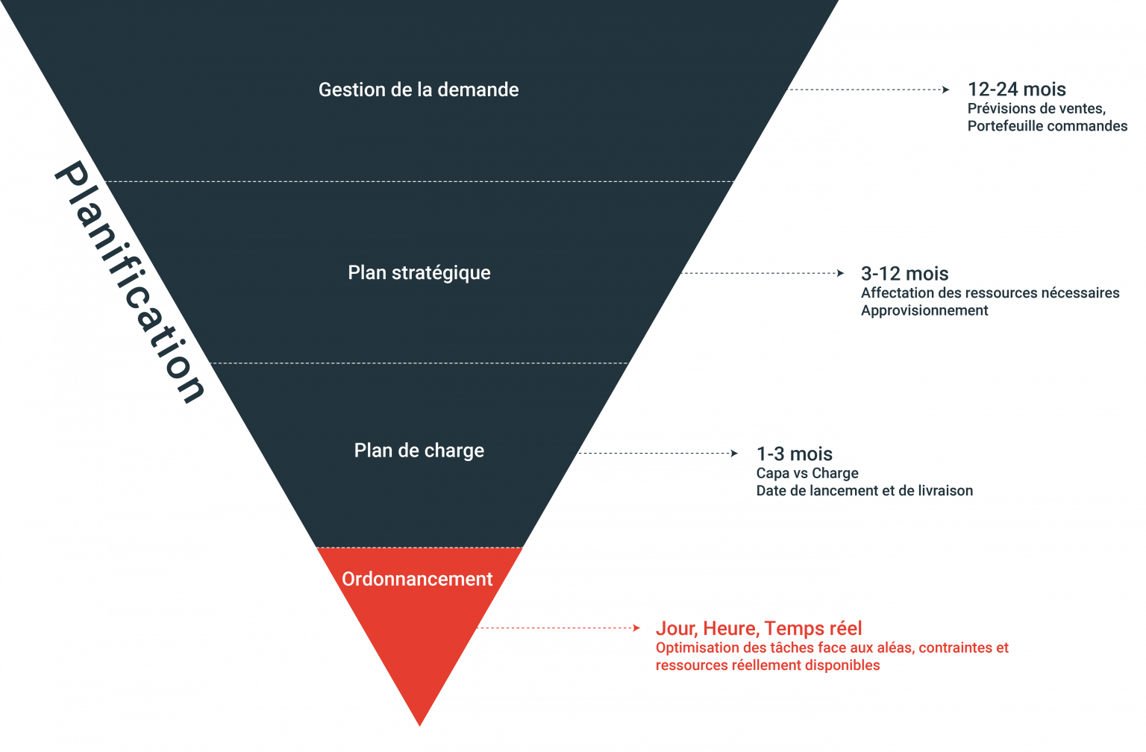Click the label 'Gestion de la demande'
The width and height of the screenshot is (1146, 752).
(419, 90)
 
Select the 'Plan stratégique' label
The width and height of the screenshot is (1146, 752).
(419, 273)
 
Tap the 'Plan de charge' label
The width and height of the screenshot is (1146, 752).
(419, 451)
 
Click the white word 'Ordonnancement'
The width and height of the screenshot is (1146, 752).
(417, 579)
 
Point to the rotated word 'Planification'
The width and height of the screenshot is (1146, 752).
(130, 282)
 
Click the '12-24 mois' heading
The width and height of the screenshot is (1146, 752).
(1016, 90)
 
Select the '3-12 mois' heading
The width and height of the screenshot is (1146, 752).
(904, 274)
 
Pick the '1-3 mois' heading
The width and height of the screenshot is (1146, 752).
(794, 454)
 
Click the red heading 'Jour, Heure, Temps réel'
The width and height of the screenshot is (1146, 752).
(759, 628)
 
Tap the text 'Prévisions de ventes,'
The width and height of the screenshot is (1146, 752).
(1036, 109)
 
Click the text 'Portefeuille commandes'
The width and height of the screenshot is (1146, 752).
(1047, 126)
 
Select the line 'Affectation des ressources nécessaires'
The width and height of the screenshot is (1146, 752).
(989, 293)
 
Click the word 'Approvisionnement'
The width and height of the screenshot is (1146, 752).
(924, 310)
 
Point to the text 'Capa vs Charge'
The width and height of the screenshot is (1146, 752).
(807, 473)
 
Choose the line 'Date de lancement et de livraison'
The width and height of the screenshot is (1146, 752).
(864, 491)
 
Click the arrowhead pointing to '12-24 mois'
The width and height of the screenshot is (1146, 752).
(947, 90)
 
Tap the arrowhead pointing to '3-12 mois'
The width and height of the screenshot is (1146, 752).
(841, 273)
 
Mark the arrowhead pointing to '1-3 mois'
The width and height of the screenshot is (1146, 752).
(735, 453)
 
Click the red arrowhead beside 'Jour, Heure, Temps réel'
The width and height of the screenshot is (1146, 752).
(636, 628)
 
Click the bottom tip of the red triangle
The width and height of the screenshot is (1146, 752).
(419, 724)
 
